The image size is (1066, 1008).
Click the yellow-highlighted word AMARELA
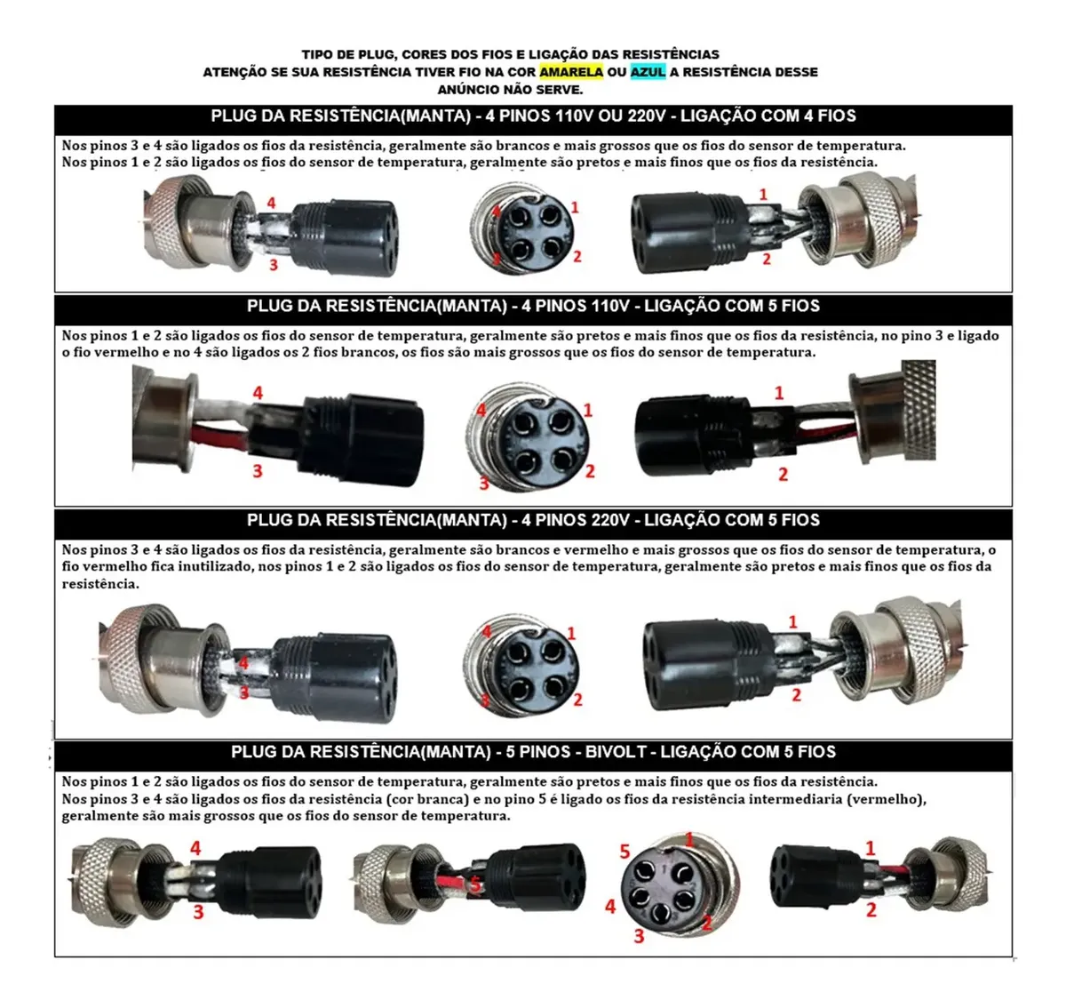570,71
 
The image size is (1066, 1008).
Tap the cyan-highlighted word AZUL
648,71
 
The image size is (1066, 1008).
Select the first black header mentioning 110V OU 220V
533,116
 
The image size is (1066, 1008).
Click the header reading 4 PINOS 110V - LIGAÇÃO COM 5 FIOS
533,307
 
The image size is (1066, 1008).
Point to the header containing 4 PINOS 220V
533,520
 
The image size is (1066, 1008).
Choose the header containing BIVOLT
533,751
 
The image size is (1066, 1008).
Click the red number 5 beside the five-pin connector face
624,851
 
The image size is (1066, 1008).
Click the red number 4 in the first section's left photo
271,203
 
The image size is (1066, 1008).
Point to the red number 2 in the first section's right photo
767,259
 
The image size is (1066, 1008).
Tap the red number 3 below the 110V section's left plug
258,471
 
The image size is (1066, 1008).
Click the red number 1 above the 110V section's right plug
779,393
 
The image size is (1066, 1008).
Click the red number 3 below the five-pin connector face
639,937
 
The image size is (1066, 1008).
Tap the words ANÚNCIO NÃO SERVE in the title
510,90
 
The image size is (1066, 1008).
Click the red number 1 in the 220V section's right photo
792,622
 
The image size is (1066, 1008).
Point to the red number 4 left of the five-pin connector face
610,907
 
